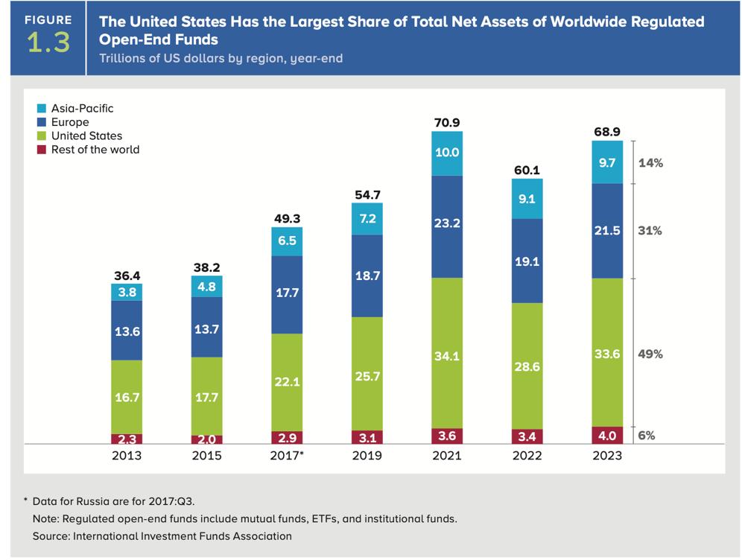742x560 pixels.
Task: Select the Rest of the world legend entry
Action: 95,149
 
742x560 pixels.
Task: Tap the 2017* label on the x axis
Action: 286,455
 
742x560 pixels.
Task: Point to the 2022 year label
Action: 527,455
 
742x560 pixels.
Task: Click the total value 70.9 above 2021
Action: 446,122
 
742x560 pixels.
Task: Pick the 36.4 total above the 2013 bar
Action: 126,275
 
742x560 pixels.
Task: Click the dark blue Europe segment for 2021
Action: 446,226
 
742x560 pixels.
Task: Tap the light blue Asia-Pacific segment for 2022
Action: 527,199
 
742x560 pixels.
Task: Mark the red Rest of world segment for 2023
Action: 607,434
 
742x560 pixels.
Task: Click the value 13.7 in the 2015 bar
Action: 206,328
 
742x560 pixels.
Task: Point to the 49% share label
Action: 650,354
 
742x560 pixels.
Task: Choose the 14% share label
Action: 650,160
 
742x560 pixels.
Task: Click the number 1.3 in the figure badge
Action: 48,43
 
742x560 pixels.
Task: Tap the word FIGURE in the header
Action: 48,20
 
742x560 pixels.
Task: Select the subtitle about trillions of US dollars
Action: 221,58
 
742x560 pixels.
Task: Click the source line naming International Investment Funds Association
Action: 162,535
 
